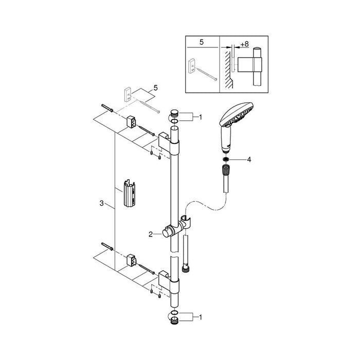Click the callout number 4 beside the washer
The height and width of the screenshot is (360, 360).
tap(249, 160)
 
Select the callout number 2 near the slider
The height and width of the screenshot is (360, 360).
tap(150, 234)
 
